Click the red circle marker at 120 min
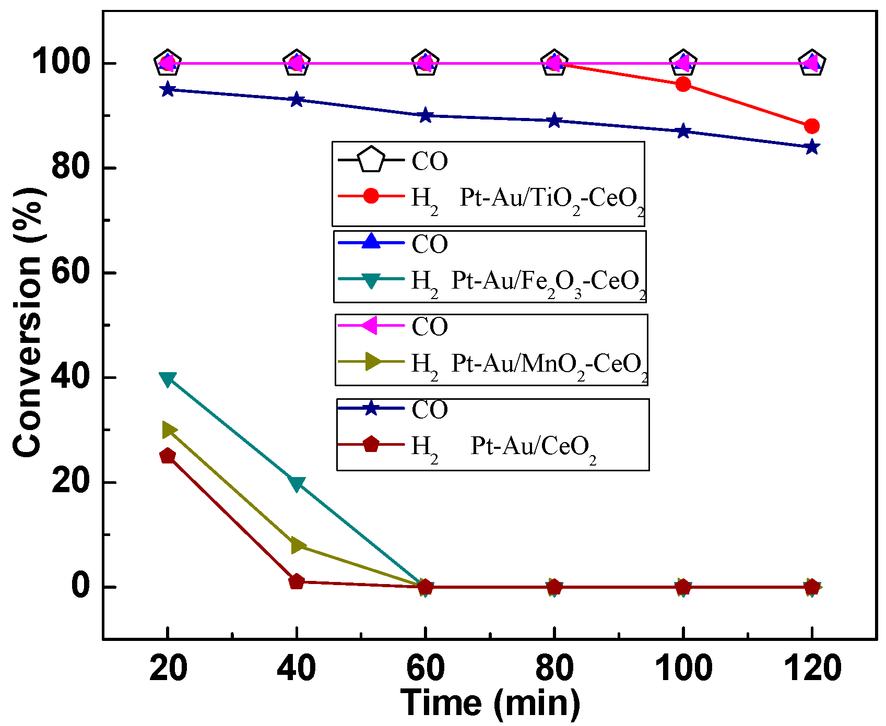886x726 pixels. coord(812,126)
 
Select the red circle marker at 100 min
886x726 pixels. coord(683,85)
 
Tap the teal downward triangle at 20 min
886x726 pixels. coord(168,379)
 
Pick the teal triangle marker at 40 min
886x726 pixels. coord(297,484)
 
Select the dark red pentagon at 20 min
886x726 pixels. coord(168,456)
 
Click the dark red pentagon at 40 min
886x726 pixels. coord(297,581)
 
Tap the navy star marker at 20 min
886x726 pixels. coord(168,90)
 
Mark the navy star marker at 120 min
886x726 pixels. coord(812,147)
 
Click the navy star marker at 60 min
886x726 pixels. coord(426,116)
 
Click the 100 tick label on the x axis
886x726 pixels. coord(683,668)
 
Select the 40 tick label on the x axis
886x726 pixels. coord(297,668)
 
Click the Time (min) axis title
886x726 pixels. coord(490,703)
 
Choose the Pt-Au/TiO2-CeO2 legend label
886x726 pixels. coord(551,199)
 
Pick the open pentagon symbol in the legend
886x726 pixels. coord(371,160)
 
